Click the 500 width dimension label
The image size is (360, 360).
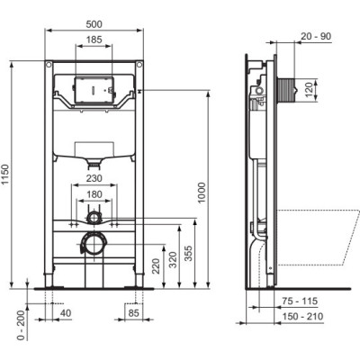[94, 24]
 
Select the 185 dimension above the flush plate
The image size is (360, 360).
[94, 40]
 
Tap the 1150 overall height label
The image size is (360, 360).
[6, 175]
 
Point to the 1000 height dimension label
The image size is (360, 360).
[202, 193]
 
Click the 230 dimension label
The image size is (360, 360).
[94, 178]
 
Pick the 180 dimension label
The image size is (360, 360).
[94, 194]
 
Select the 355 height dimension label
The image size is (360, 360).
[188, 254]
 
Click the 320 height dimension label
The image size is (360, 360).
[172, 260]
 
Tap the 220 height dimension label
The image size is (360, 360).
[157, 266]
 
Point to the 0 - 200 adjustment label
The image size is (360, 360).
[21, 326]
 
